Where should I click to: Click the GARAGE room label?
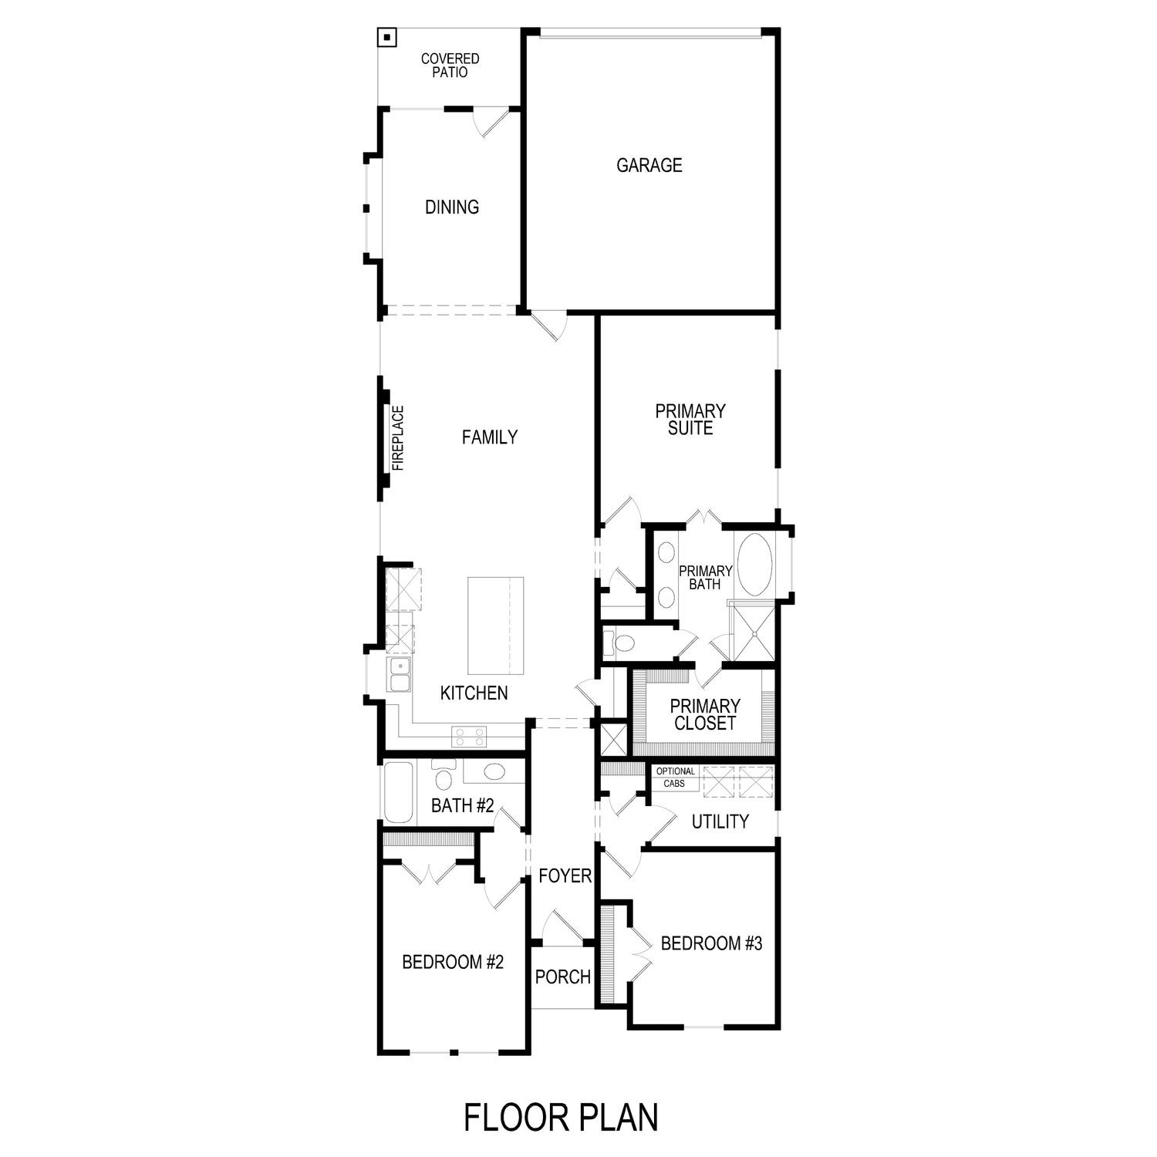649,165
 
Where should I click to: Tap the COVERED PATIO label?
450,66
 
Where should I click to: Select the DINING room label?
452,207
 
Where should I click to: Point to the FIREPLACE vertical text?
398,438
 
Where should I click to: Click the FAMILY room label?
489,437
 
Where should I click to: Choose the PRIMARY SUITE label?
690,420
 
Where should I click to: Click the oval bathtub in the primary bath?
755,565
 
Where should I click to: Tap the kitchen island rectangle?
495,626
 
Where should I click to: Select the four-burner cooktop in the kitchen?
469,737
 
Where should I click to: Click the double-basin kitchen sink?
400,675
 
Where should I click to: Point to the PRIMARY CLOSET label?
705,715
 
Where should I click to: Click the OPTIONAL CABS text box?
675,778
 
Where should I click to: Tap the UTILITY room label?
720,821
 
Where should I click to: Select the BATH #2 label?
462,806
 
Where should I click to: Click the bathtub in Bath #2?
399,792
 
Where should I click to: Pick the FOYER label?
565,876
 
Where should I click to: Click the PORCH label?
562,977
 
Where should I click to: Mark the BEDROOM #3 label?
711,943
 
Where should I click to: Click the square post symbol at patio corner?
386,37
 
